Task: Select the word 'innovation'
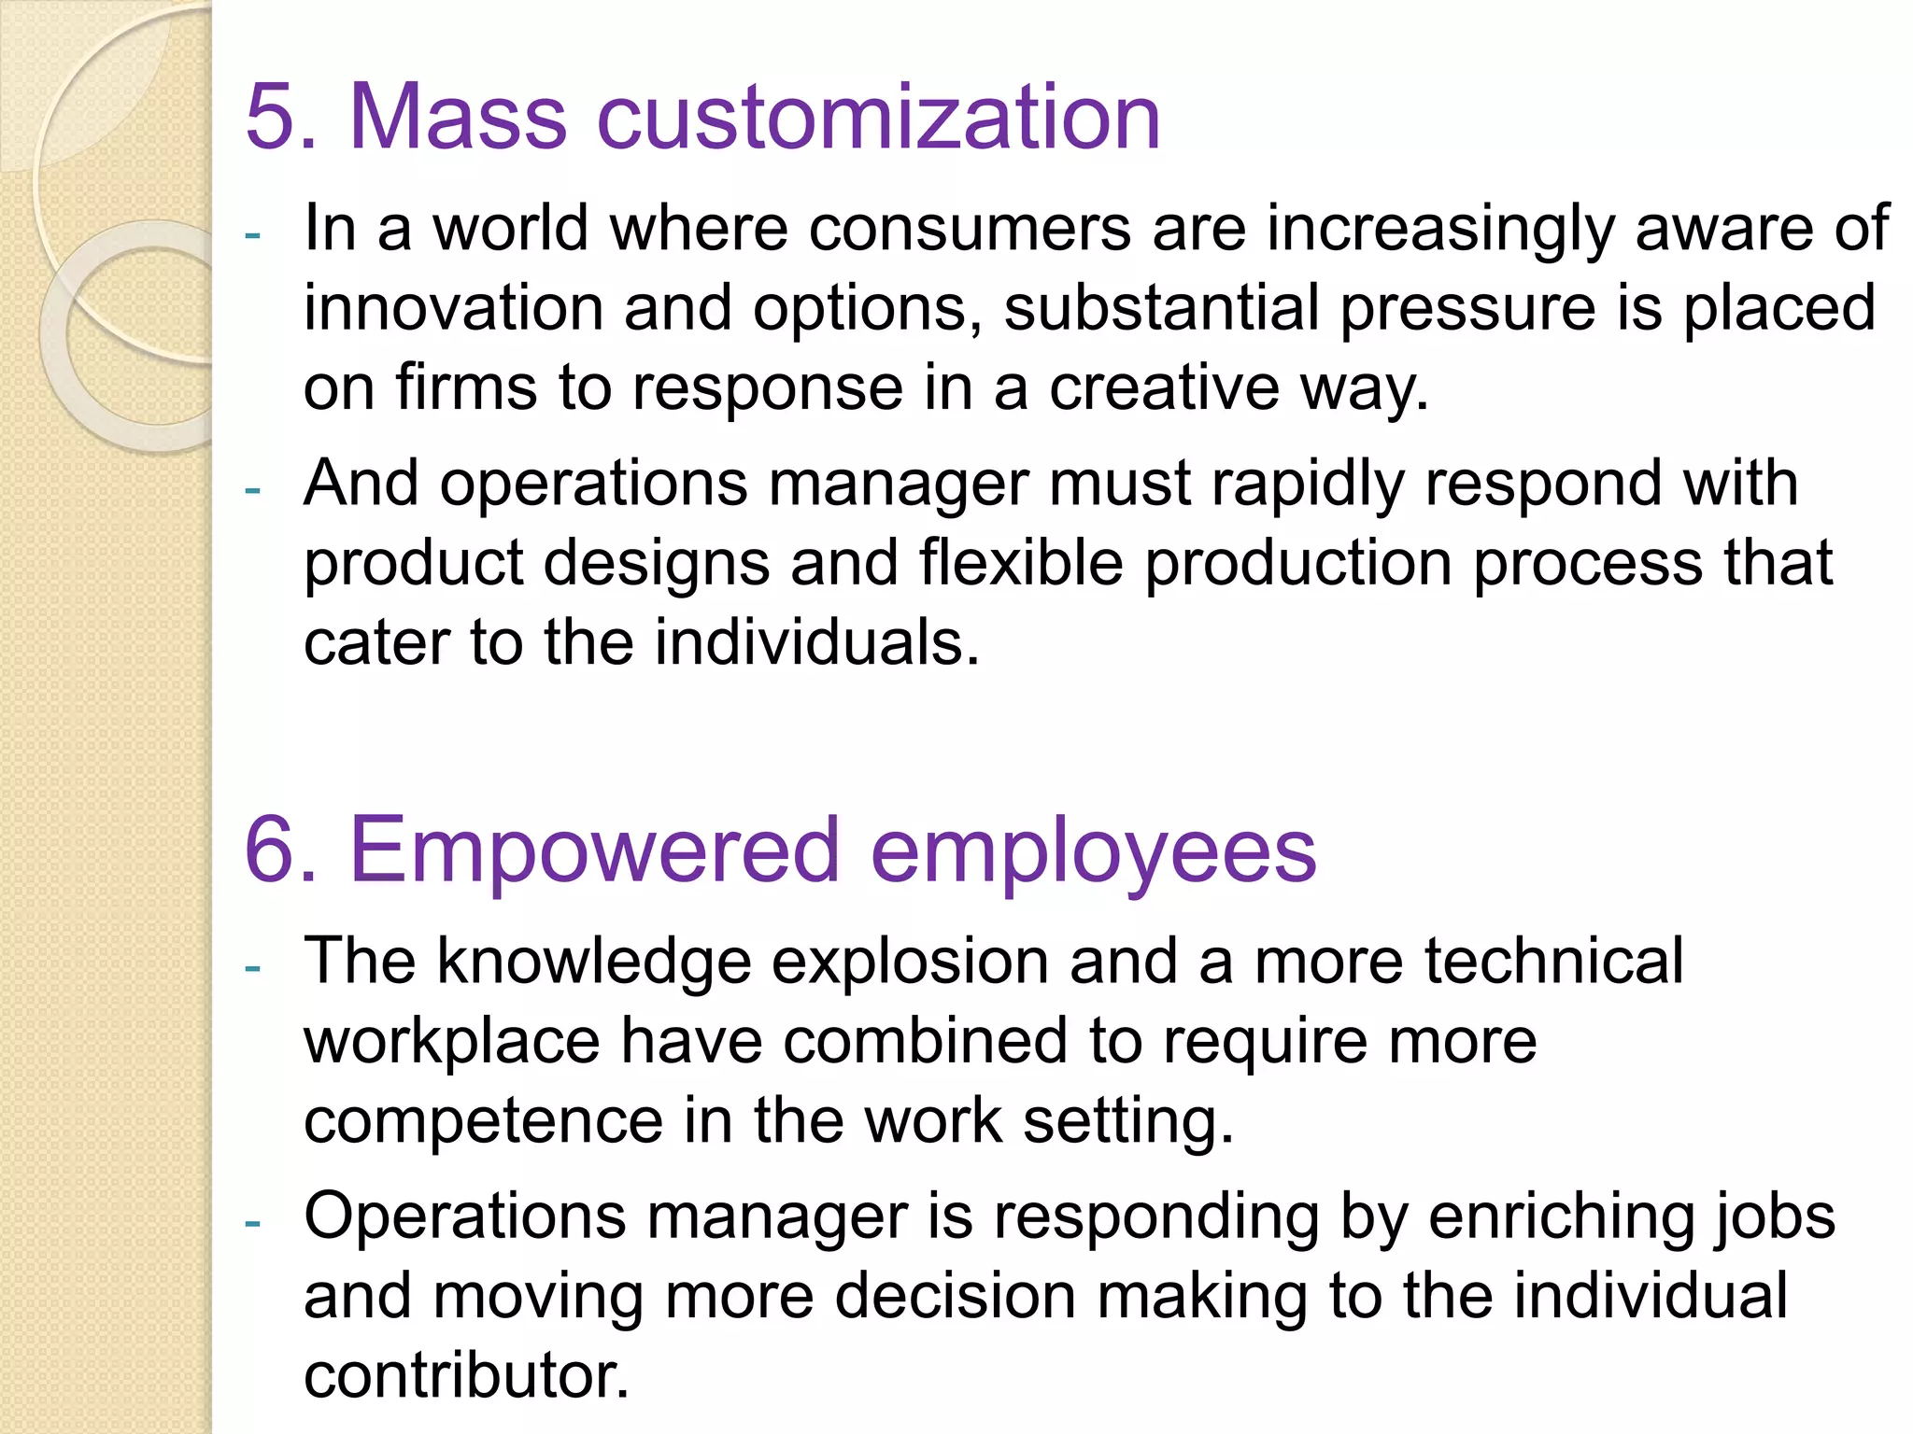coord(453,308)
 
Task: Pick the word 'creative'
coord(1164,388)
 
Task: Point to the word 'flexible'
coord(1020,563)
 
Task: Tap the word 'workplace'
coord(452,1043)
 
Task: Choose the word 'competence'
coord(483,1121)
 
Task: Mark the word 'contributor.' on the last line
coord(466,1376)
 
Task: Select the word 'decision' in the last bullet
coord(955,1297)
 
